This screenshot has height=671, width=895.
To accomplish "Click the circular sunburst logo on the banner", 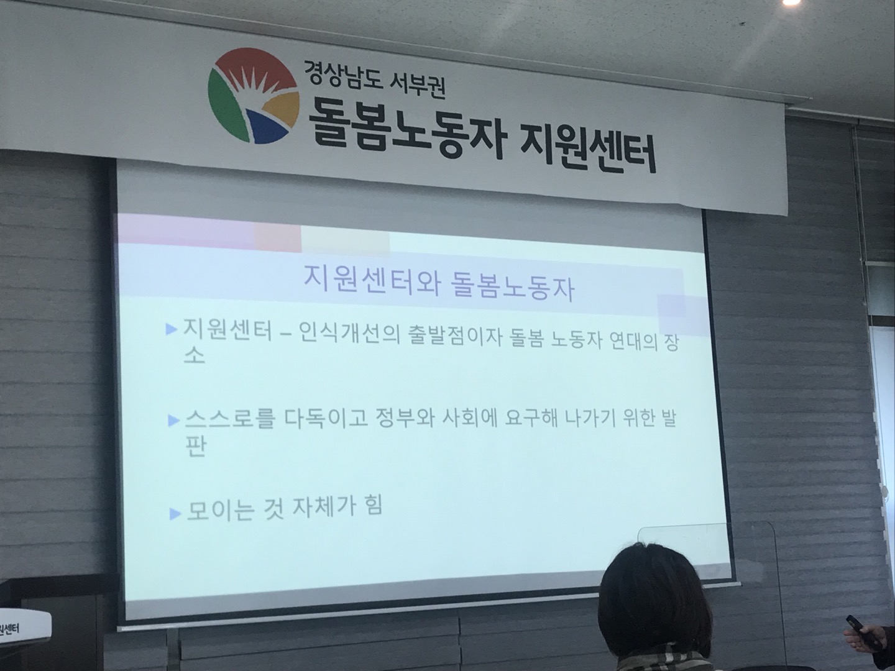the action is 253,95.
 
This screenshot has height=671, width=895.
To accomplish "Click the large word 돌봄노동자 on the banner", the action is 405,127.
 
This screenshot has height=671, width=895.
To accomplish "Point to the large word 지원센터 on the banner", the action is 587,147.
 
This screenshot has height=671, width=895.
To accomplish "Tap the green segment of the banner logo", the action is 226,108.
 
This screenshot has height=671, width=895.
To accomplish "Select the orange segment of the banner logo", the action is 282,108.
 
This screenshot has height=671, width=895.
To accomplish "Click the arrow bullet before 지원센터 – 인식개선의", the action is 172,329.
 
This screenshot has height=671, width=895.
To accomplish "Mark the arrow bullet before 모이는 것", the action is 175,514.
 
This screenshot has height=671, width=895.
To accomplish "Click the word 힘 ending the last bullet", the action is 372,506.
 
